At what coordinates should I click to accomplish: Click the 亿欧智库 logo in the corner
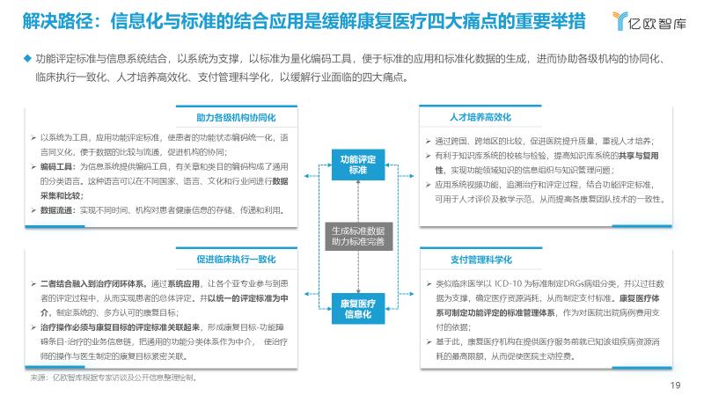pyautogui.click(x=649, y=19)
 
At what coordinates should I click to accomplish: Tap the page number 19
pyautogui.click(x=676, y=385)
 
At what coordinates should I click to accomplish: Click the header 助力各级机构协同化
pyautogui.click(x=236, y=117)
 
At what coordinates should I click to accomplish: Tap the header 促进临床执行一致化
pyautogui.click(x=236, y=260)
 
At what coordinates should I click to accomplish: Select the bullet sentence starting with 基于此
pyautogui.click(x=546, y=342)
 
